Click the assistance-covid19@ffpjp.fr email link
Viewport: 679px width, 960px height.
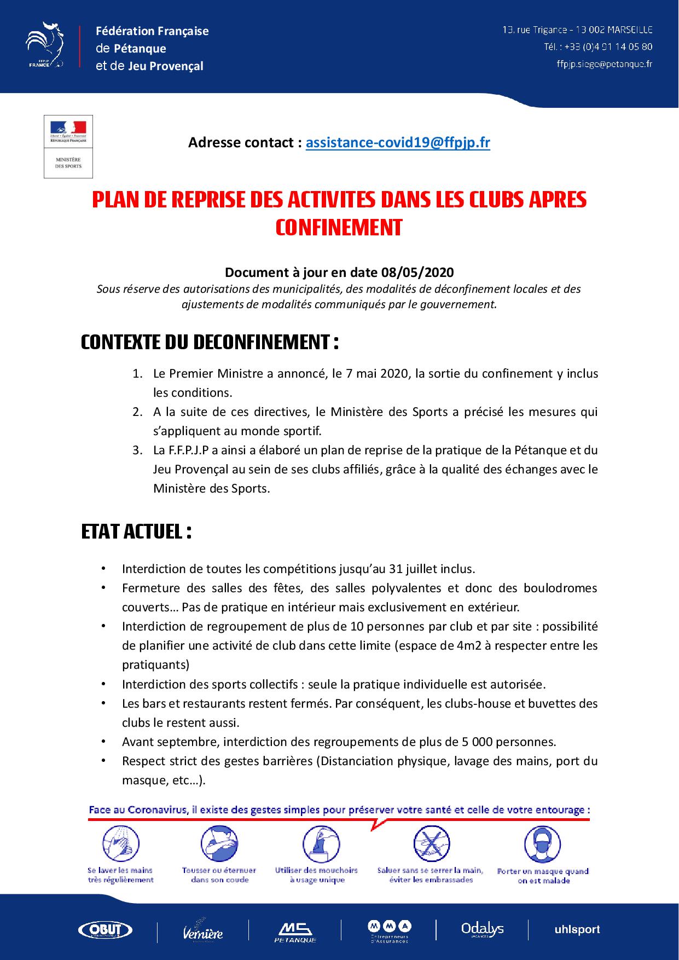click(398, 143)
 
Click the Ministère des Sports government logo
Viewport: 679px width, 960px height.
click(68, 146)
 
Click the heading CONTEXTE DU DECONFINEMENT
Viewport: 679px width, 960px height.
click(210, 343)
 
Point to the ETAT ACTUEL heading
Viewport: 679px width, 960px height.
click(136, 531)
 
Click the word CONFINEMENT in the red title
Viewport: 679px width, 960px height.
click(339, 227)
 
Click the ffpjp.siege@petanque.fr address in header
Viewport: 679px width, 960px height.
click(604, 64)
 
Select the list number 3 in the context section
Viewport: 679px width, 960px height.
click(137, 450)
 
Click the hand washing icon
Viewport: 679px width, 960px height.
click(120, 843)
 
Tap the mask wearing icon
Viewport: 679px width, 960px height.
click(542, 844)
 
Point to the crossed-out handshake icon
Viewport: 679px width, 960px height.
click(431, 843)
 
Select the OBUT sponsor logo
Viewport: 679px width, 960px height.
click(106, 929)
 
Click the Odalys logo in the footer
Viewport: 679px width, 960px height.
click(482, 929)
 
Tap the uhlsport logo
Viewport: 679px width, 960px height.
click(577, 929)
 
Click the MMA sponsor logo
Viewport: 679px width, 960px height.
click(389, 929)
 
